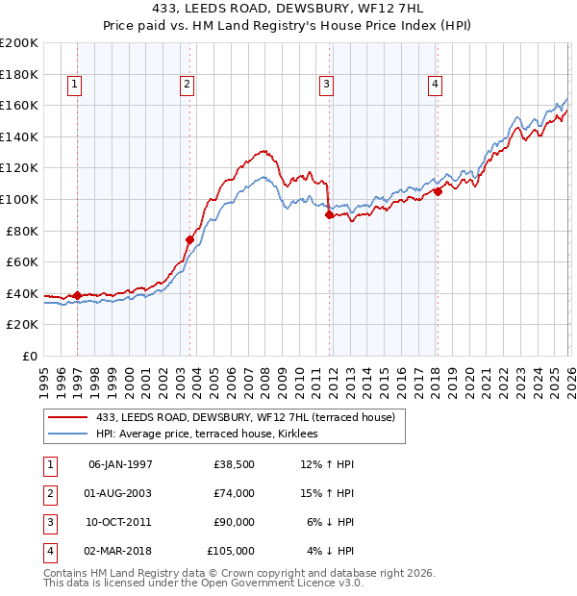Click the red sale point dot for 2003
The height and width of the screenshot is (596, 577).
pos(189,239)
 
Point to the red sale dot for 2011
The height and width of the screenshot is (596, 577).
pos(329,214)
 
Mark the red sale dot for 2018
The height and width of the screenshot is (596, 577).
pos(438,191)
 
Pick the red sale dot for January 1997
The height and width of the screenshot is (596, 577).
pos(77,295)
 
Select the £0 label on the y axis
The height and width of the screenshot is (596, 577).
pos(29,357)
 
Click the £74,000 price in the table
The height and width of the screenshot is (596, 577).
pos(235,493)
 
